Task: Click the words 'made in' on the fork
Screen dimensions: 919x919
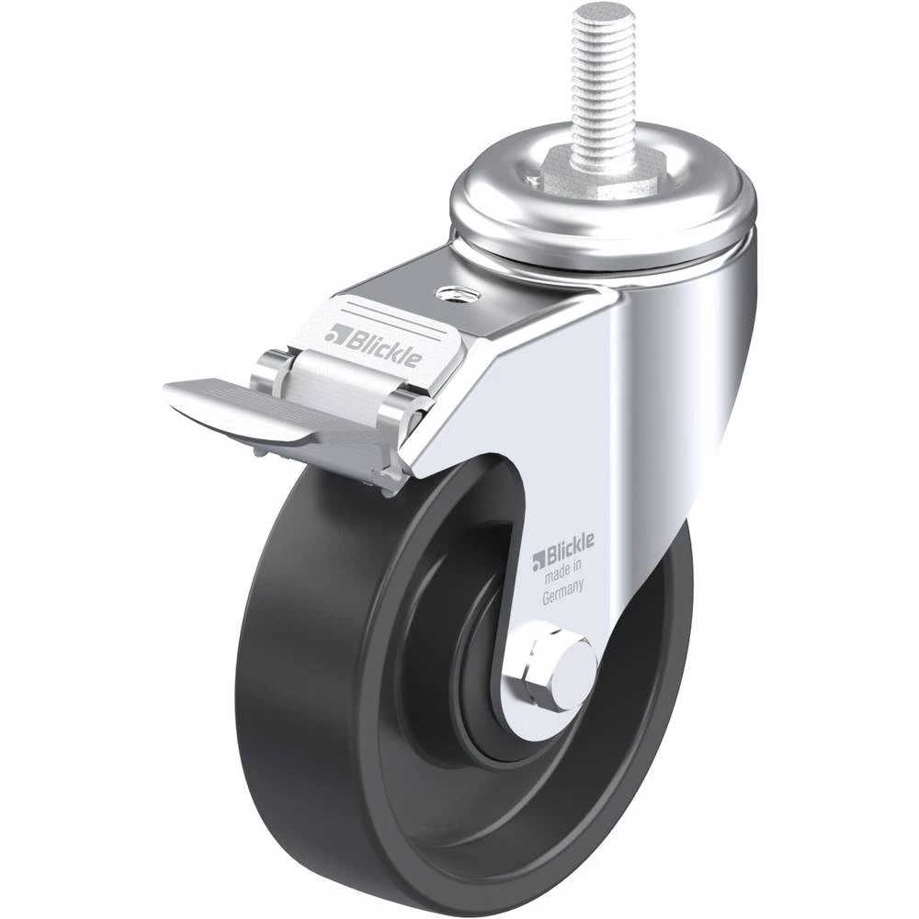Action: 563,572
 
